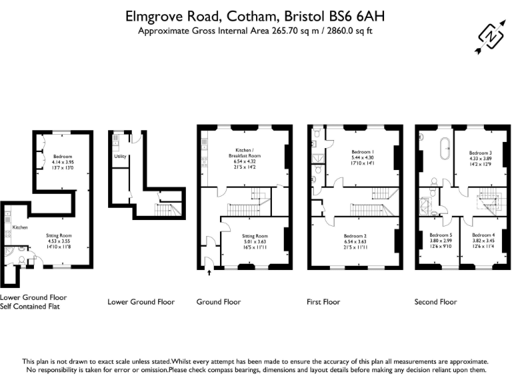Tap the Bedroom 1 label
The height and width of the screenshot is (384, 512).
pyautogui.click(x=360, y=152)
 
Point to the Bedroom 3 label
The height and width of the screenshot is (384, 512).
pyautogui.click(x=480, y=153)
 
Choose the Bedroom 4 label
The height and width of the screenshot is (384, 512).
pyautogui.click(x=483, y=235)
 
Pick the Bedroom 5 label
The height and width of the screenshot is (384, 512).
pyautogui.click(x=441, y=235)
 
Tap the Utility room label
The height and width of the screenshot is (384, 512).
pyautogui.click(x=120, y=157)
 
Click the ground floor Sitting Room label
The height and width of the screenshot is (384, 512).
pyautogui.click(x=254, y=236)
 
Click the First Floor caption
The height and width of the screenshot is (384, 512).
pyautogui.click(x=323, y=302)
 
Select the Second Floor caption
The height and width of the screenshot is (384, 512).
pyautogui.click(x=435, y=302)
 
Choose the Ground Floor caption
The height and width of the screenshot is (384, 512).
pyautogui.click(x=219, y=302)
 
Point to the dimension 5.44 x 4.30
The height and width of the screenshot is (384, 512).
pyautogui.click(x=360, y=157)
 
